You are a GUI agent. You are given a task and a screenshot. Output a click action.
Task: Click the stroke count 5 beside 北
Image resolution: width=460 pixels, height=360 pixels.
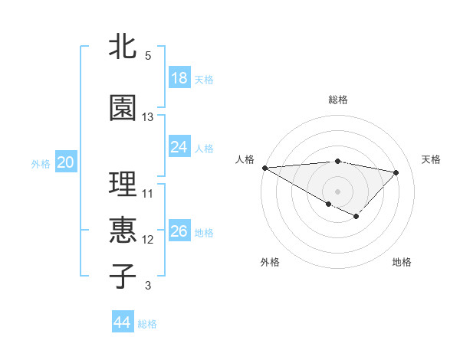coord(148,56)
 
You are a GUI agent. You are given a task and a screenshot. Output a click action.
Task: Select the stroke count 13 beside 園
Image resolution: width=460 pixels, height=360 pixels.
coord(148,117)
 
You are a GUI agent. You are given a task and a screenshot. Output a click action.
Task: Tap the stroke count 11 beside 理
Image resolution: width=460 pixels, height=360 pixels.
coord(148,194)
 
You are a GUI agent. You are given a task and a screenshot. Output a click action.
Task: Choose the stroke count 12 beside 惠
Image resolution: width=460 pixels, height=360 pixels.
coord(148,240)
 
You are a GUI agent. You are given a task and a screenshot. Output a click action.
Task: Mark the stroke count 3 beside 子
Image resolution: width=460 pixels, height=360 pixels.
coord(148,286)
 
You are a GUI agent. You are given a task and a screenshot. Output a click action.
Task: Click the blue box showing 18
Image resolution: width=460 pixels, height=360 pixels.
coord(179,78)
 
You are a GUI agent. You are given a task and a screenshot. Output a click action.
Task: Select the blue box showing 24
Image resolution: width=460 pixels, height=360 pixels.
coord(179,147)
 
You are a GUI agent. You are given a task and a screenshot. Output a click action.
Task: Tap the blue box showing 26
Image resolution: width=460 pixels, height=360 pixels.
coord(179,231)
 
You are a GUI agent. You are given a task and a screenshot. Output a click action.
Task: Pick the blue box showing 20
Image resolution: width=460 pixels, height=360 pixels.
coord(66,162)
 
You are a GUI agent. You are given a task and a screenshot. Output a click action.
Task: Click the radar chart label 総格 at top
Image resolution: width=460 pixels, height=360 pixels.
coord(338,100)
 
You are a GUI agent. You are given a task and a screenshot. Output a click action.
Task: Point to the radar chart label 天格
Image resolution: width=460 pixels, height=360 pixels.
coord(432,159)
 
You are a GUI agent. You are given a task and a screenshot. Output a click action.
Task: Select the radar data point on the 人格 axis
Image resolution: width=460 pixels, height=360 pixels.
coord(264,168)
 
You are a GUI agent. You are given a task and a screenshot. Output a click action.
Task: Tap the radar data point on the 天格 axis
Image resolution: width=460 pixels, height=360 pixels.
coord(396,172)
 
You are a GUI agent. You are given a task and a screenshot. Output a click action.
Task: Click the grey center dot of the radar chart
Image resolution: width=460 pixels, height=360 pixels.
coord(337,191)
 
